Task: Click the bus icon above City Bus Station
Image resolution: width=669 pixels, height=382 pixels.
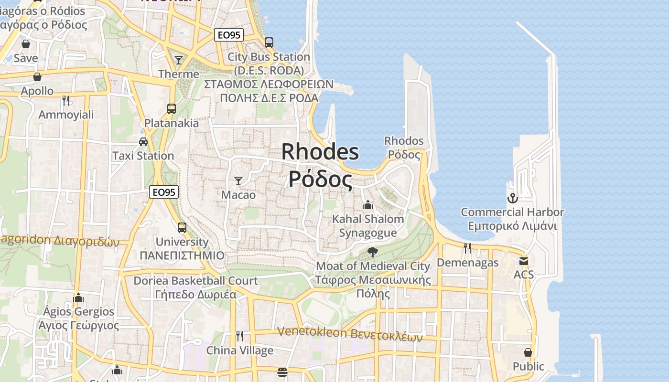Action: coord(269,42)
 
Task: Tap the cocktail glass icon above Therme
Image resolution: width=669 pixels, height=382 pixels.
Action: coord(179,60)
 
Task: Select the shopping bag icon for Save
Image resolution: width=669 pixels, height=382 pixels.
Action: coord(26,44)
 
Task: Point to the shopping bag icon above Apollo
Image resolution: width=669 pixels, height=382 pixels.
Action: coord(37,76)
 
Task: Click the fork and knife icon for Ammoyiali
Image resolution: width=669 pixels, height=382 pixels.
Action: coord(66,100)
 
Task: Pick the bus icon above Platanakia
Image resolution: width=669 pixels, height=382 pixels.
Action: coord(172,108)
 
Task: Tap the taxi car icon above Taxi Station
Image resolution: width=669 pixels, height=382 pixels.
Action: coord(143,141)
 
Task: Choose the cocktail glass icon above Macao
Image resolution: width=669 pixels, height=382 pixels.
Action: coord(238,180)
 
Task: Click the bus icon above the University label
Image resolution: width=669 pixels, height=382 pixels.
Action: coord(182,227)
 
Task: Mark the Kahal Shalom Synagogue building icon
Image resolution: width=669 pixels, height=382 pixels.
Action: coord(368,205)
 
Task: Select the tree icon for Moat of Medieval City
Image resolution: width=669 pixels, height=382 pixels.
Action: coord(373,252)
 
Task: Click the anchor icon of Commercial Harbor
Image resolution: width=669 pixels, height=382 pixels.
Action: coord(512,198)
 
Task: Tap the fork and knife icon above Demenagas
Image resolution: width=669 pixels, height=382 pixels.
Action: coord(467,248)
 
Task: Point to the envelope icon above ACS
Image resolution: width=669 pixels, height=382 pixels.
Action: coord(524,261)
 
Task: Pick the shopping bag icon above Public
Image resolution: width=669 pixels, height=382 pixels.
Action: coord(528,352)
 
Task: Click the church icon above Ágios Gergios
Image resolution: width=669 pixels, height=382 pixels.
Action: coord(78,297)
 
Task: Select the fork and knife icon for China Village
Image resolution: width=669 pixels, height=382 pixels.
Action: coord(240,336)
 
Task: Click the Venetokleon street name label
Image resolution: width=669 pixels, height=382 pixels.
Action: coord(350,333)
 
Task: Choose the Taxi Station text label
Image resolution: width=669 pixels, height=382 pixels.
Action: coord(143,156)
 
